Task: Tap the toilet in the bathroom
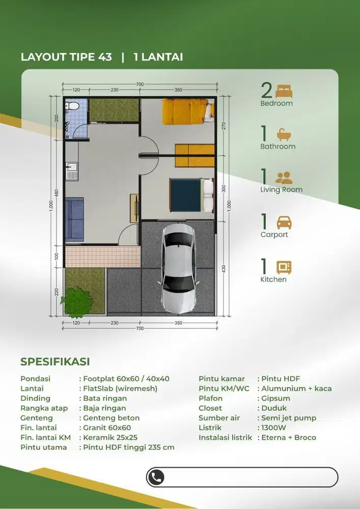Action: click(73, 106)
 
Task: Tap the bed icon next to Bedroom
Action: click(284, 92)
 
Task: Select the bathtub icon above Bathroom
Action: click(284, 134)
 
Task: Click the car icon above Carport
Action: click(284, 222)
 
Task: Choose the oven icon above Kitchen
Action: click(284, 267)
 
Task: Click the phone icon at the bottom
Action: click(157, 477)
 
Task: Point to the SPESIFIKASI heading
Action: click(55, 362)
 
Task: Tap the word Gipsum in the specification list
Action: click(276, 398)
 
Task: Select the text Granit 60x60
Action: click(107, 428)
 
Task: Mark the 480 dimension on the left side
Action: click(57, 192)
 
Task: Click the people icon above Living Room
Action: click(284, 178)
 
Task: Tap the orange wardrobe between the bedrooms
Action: click(195, 155)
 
